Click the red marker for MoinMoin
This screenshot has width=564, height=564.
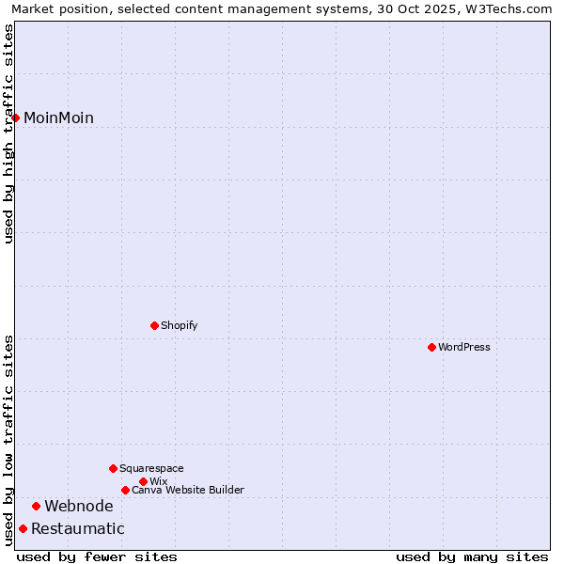16,117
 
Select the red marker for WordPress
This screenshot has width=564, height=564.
431,347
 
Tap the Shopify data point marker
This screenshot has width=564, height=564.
154,325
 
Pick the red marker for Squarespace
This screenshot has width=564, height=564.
113,468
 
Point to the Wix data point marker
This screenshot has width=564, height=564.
143,481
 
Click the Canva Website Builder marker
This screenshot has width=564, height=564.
125,490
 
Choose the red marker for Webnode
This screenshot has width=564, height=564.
36,506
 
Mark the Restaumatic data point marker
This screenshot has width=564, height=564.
23,528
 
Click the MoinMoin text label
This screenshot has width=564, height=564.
58,117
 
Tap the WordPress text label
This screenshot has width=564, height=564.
464,347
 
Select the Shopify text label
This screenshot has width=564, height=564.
179,325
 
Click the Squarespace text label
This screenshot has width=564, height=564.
151,468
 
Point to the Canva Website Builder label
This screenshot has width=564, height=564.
188,490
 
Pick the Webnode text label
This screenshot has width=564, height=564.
79,506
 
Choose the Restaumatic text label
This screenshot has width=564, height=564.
78,528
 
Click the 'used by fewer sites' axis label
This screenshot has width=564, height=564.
97,556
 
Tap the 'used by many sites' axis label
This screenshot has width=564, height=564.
472,556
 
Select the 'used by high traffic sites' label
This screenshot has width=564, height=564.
8,133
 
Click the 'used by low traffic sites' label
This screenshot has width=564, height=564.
8,439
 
